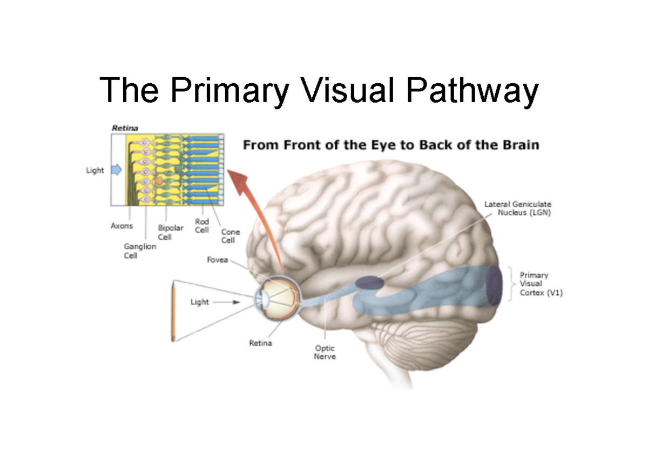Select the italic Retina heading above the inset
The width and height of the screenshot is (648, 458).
[125, 128]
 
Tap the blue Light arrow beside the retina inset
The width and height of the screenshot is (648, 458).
[117, 170]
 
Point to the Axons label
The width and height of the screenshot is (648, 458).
[122, 226]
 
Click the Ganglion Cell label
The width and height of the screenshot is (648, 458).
[140, 251]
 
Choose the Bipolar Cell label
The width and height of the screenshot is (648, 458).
[171, 233]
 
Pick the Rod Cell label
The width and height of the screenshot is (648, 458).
[202, 226]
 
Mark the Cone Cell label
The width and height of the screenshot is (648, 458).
[231, 236]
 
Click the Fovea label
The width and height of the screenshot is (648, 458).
[218, 260]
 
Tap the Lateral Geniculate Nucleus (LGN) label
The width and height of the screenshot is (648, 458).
[517, 208]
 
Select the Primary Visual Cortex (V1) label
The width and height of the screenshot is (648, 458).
[541, 284]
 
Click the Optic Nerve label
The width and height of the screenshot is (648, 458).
[325, 353]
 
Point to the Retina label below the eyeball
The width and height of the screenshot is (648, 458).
[260, 343]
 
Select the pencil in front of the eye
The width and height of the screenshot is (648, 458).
[173, 310]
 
